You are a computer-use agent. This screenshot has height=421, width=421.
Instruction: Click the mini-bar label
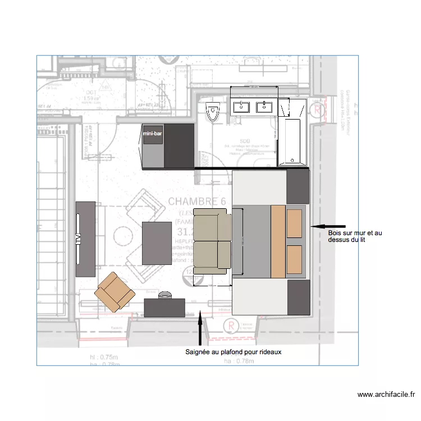pos(153,134)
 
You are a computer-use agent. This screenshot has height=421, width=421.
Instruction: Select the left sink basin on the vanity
pos(243,106)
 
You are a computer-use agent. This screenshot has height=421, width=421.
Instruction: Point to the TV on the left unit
pos(77,239)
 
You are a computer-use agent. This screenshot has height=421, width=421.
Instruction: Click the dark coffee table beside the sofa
pos(157,243)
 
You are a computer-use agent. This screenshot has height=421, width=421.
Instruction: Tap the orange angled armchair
pos(115,291)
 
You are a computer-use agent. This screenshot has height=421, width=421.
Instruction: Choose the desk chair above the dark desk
pos(165,294)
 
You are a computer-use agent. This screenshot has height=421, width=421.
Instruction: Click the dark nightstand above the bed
pos(298,186)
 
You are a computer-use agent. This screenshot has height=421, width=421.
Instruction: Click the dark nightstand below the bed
pos(298,298)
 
